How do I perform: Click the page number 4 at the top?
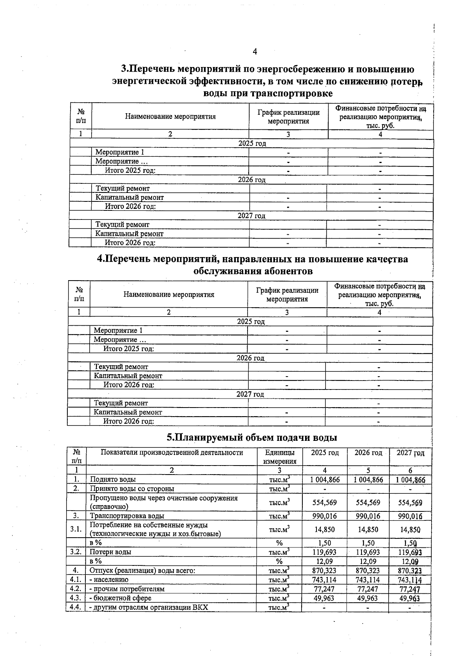[x=255, y=52]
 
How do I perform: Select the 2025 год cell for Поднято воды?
[x=325, y=480]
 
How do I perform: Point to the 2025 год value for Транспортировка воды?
[x=325, y=516]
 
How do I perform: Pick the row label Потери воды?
[x=110, y=552]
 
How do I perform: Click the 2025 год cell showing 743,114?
[x=325, y=580]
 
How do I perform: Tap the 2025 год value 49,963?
[x=325, y=598]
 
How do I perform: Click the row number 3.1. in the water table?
[x=76, y=529]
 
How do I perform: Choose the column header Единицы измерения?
[x=279, y=457]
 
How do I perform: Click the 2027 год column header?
[x=410, y=453]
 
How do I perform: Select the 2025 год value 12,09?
[x=325, y=561]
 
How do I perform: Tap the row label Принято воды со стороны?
[x=132, y=489]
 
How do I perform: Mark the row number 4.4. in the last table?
[x=75, y=607]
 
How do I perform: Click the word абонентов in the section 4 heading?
[x=280, y=271]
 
